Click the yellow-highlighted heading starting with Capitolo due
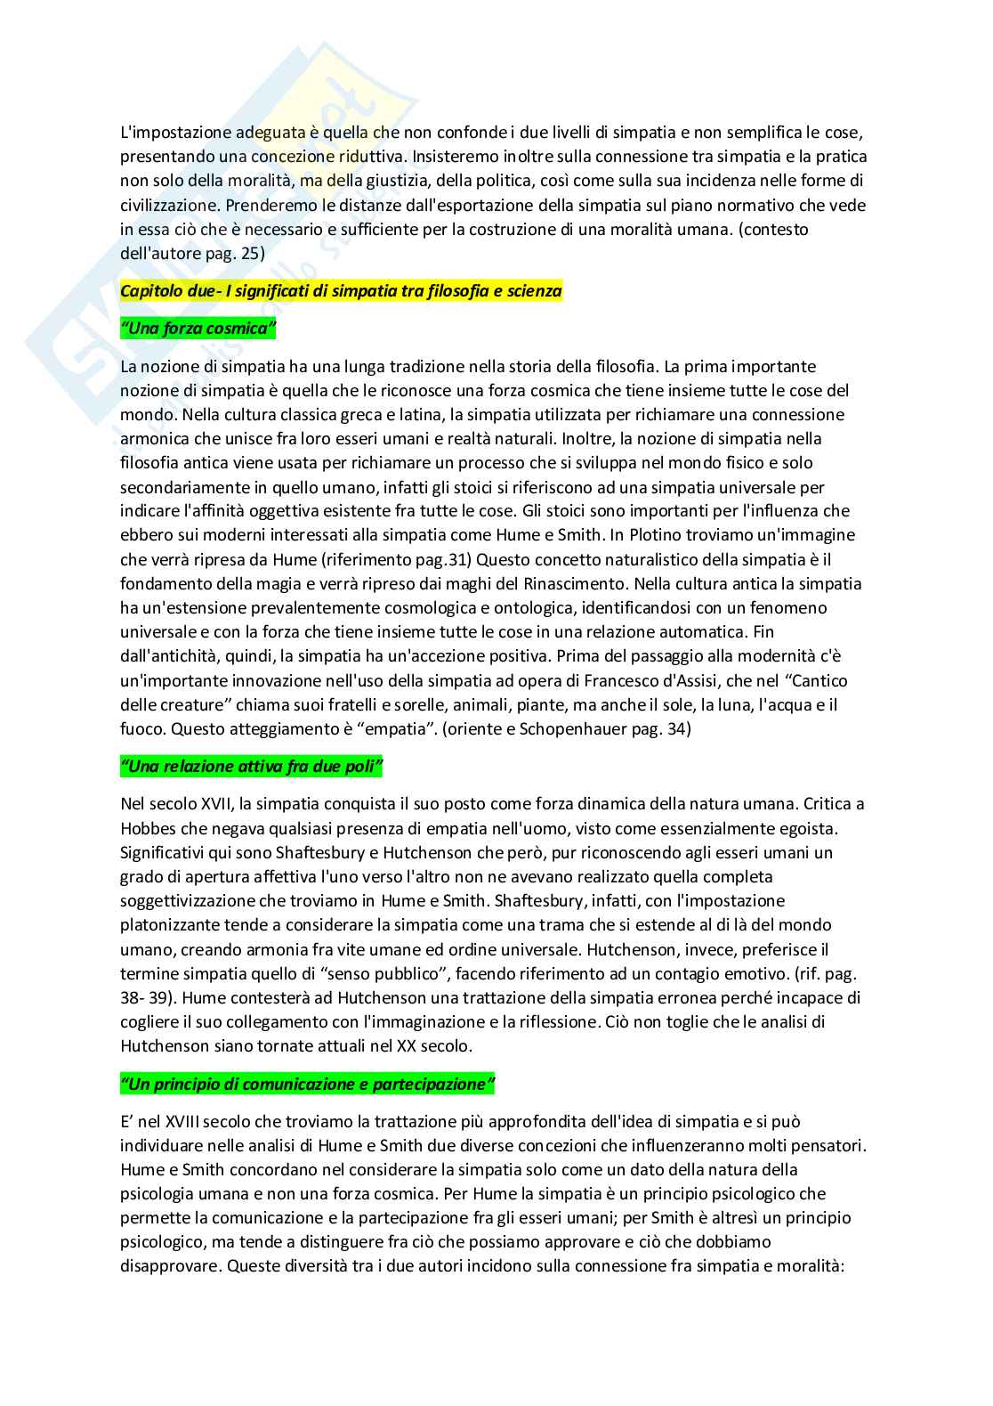(x=341, y=292)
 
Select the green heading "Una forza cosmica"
(x=198, y=329)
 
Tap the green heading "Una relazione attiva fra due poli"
(x=251, y=767)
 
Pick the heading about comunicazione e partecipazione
(x=307, y=1085)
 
